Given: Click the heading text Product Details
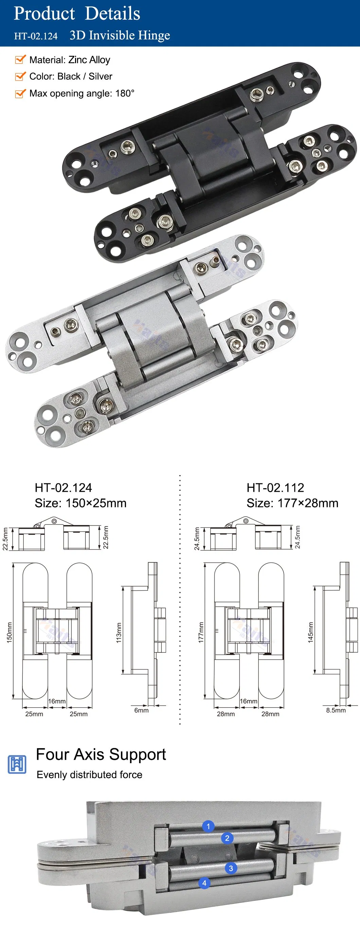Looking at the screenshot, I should click(77, 14).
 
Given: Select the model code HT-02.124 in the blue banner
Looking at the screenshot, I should click(36, 36).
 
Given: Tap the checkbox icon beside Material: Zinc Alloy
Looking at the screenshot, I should click(20, 59).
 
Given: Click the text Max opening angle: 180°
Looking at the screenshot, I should click(82, 93).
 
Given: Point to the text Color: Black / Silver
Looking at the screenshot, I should click(71, 76).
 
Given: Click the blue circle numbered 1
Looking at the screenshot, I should click(208, 826).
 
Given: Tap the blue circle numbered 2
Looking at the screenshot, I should click(227, 838).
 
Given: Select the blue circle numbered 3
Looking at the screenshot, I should click(231, 868).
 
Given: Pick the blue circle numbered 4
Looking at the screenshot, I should click(204, 883).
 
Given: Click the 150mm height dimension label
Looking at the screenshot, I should click(9, 632).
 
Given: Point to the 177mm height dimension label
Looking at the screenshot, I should click(201, 632).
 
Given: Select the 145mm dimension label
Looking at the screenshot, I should click(310, 632).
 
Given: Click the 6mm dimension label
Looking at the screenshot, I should click(141, 710).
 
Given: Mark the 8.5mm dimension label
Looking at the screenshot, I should click(336, 710).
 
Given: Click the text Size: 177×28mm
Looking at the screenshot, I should click(292, 503).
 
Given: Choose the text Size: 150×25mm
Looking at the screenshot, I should click(80, 503).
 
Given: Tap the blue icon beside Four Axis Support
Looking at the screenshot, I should click(17, 764).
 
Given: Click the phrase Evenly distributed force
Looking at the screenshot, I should click(89, 775).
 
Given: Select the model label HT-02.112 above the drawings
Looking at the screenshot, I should click(275, 488).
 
